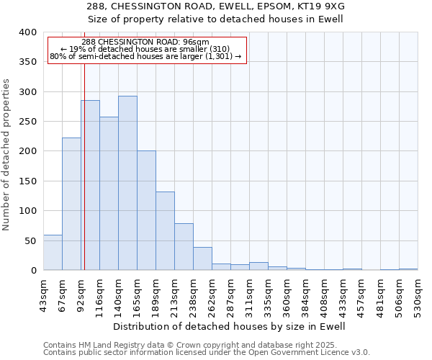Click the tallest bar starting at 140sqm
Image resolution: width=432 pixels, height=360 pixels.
(x=127, y=183)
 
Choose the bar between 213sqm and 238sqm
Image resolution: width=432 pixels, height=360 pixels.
(x=184, y=247)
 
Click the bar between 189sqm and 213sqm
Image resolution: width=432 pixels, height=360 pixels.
(x=165, y=231)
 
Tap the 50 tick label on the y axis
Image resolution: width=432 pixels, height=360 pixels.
(x=30, y=240)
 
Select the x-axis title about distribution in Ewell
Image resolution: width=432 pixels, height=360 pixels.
(x=230, y=326)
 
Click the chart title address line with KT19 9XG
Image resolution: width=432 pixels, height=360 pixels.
(x=230, y=6)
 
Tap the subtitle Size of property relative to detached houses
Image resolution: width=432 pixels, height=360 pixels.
(x=230, y=19)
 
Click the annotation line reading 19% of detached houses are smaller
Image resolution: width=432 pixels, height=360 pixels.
(x=147, y=49)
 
